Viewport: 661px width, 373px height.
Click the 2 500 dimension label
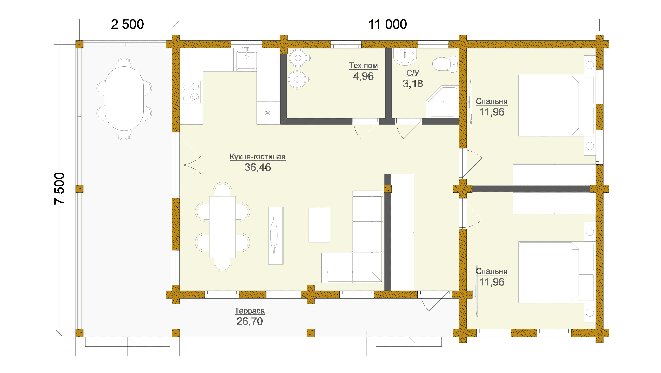click(x=127, y=25)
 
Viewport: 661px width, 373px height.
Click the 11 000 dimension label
click(x=387, y=25)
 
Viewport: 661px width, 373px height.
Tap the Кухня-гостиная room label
click(x=257, y=157)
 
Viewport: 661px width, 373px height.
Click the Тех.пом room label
click(x=363, y=66)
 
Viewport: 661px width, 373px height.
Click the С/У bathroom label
click(x=413, y=73)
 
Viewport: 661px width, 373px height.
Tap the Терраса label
click(x=250, y=311)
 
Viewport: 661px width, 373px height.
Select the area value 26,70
click(x=250, y=321)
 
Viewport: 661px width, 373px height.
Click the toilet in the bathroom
click(x=445, y=64)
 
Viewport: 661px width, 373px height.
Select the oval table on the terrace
click(x=124, y=99)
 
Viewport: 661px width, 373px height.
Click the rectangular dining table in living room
click(x=222, y=227)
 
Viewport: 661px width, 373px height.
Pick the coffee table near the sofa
click(x=319, y=225)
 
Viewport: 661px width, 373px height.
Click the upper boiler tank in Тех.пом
click(x=298, y=58)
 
